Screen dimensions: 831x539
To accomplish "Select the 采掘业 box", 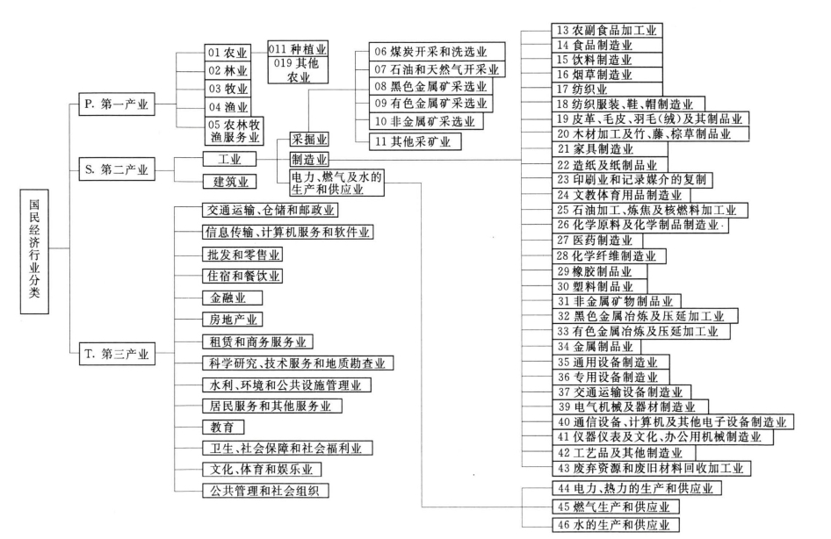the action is click(x=308, y=141).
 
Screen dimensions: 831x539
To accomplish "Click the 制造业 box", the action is click(x=308, y=160).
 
